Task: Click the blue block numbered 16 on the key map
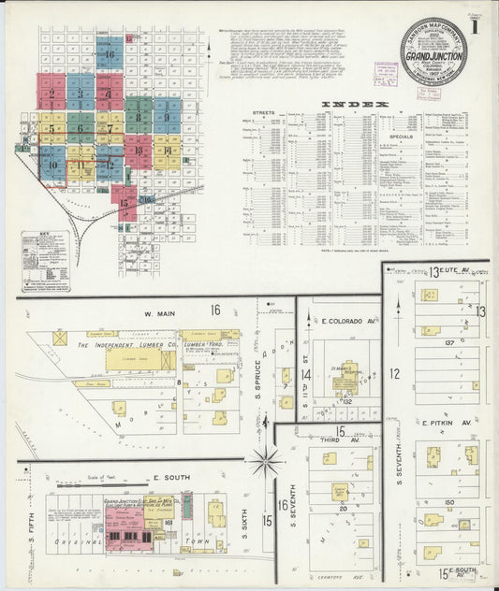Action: [110, 54]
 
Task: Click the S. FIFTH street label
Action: [32, 536]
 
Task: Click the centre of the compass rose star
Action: [268, 460]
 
